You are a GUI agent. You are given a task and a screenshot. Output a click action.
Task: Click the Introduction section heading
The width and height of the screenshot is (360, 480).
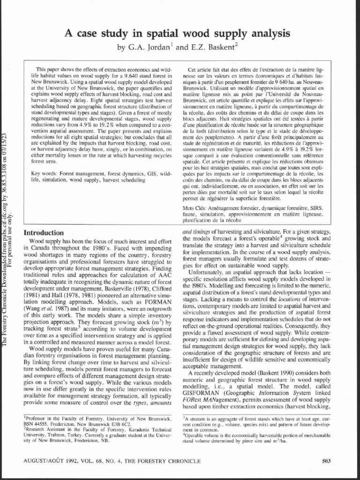[x=44, y=232]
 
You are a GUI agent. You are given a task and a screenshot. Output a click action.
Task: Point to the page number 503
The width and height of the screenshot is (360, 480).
[x=327, y=460]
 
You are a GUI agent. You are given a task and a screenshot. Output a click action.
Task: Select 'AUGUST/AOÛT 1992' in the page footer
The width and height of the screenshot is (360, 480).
[x=50, y=460]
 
